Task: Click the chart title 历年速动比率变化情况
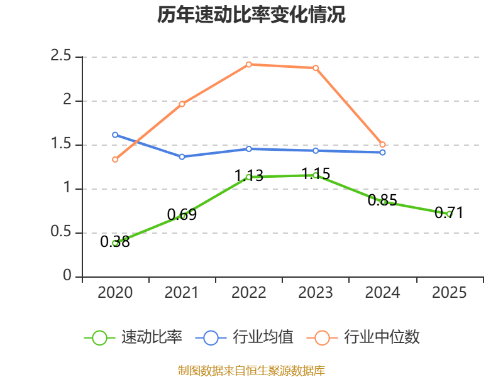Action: pyautogui.click(x=251, y=14)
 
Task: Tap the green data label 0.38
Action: pyautogui.click(x=115, y=242)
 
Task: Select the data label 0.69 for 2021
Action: pyautogui.click(x=182, y=214)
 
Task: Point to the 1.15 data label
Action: pyautogui.click(x=316, y=174)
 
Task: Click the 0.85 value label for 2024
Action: pyautogui.click(x=382, y=200)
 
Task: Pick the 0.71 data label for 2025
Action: pyautogui.click(x=449, y=213)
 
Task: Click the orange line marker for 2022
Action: pyautogui.click(x=249, y=65)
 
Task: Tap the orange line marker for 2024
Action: pyautogui.click(x=382, y=145)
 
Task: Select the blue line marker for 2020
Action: pyautogui.click(x=115, y=135)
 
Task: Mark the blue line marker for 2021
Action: pyautogui.click(x=182, y=156)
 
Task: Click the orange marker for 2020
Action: pyautogui.click(x=115, y=160)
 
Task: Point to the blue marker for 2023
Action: pyautogui.click(x=316, y=151)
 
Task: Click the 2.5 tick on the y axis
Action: pyautogui.click(x=60, y=56)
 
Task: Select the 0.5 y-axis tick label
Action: pyautogui.click(x=60, y=231)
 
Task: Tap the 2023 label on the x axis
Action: pyautogui.click(x=316, y=293)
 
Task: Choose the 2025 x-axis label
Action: pyautogui.click(x=449, y=293)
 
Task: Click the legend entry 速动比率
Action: pyautogui.click(x=133, y=337)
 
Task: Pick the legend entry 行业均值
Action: pyautogui.click(x=244, y=337)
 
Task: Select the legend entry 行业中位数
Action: pyautogui.click(x=363, y=337)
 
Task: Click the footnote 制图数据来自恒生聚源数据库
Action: pyautogui.click(x=251, y=371)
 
